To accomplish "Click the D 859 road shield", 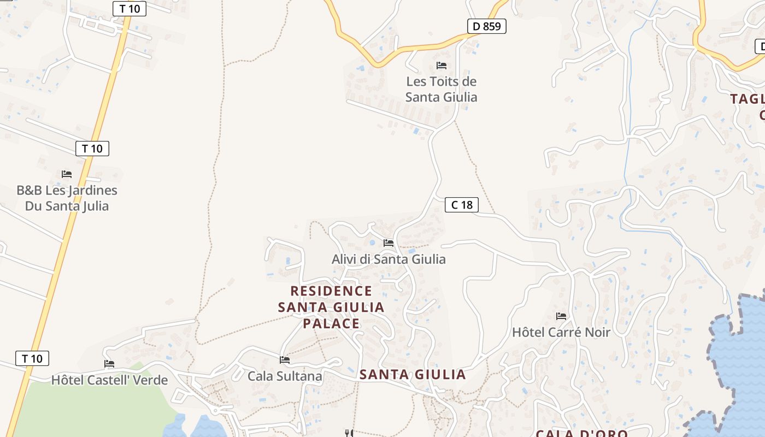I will pyautogui.click(x=486, y=26).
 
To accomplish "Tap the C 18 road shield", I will pyautogui.click(x=462, y=205).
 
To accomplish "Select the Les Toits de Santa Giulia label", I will pyautogui.click(x=442, y=89).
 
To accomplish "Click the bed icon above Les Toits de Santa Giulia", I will pyautogui.click(x=442, y=66).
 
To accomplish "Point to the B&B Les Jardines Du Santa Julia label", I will pyautogui.click(x=67, y=198).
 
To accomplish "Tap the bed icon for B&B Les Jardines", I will pyautogui.click(x=67, y=174).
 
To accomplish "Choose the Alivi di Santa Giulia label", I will pyautogui.click(x=389, y=259).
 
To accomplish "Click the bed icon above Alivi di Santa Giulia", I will pyautogui.click(x=389, y=243).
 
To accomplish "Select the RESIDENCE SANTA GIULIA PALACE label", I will pyautogui.click(x=331, y=307).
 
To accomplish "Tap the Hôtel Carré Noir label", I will pyautogui.click(x=561, y=332).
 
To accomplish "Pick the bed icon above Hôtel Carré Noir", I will pyautogui.click(x=561, y=316).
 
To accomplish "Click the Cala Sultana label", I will pyautogui.click(x=285, y=376).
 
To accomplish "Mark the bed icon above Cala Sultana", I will pyautogui.click(x=285, y=359).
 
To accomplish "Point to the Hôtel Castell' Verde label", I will pyautogui.click(x=109, y=380).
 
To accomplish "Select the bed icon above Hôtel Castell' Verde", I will pyautogui.click(x=109, y=364).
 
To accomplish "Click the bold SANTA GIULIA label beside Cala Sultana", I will pyautogui.click(x=413, y=375).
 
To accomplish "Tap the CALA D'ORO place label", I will pyautogui.click(x=581, y=433).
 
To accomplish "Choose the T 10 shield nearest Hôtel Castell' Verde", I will pyautogui.click(x=32, y=358).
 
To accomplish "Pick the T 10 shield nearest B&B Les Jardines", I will pyautogui.click(x=92, y=149).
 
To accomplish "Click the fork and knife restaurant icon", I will pyautogui.click(x=348, y=433).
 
